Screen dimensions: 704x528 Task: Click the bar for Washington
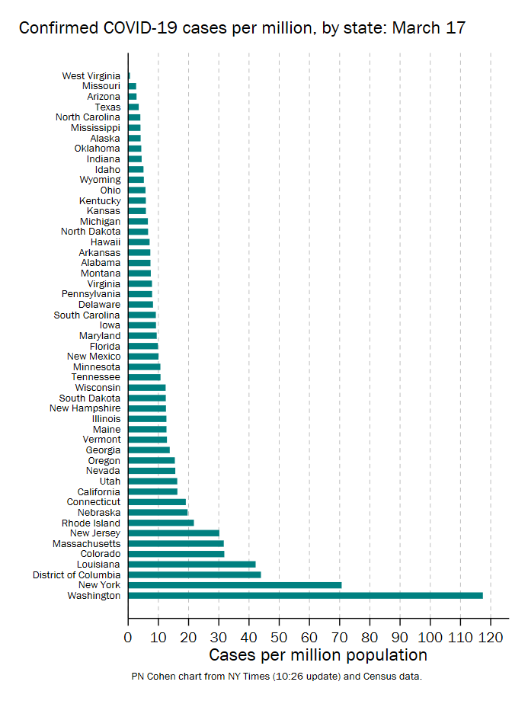coord(305,595)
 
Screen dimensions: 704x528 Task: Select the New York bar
coord(235,585)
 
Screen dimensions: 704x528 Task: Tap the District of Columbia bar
coord(194,574)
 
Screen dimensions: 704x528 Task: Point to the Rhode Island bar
coord(161,523)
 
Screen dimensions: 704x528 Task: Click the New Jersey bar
coord(173,533)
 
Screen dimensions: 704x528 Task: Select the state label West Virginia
coord(91,76)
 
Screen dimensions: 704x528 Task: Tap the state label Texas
coord(107,107)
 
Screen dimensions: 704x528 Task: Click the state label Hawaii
coord(105,242)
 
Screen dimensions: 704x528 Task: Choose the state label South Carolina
coord(87,315)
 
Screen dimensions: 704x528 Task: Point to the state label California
coord(98,491)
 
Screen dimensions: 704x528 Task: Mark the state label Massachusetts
coord(86,543)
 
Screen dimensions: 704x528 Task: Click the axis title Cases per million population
coord(318,655)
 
